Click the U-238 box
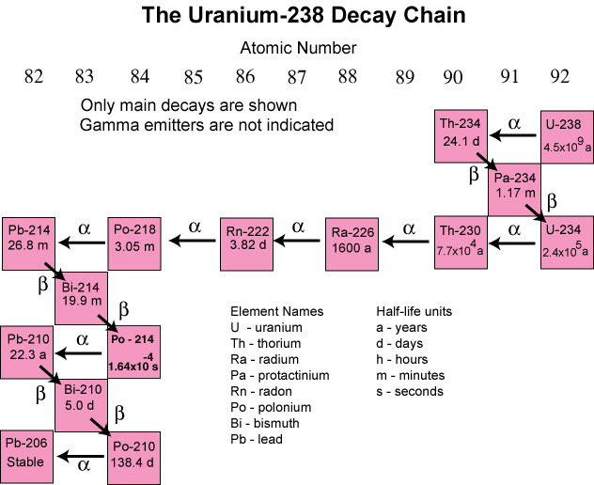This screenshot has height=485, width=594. (568, 136)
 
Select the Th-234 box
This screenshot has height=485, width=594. (461, 136)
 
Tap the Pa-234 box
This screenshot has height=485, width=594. (514, 189)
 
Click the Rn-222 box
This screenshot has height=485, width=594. (247, 242)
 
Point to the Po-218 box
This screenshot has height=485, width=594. (135, 242)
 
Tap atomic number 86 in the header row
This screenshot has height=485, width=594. (245, 77)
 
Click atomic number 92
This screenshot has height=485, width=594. (560, 77)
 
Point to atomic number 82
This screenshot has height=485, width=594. (34, 77)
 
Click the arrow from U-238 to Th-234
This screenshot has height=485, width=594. (513, 137)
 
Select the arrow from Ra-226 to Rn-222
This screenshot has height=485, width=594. (300, 242)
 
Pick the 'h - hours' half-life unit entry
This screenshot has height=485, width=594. (401, 359)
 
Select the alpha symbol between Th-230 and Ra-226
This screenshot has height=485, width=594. (409, 227)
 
